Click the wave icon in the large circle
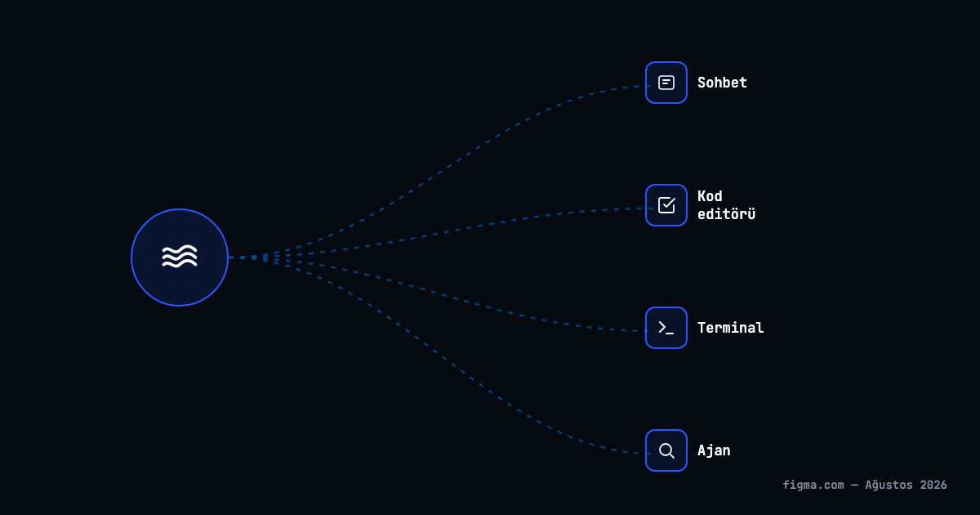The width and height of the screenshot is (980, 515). click(180, 256)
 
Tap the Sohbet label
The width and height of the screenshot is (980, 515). click(722, 83)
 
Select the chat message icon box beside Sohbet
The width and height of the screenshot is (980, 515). click(666, 83)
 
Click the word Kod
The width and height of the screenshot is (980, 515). click(710, 196)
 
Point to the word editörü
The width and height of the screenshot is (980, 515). click(726, 214)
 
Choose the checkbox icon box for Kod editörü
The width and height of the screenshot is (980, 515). click(666, 205)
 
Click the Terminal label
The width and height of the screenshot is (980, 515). click(731, 328)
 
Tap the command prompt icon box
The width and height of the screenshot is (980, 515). click(666, 328)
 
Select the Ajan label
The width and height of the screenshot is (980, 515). click(714, 450)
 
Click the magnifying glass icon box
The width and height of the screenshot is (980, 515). click(666, 450)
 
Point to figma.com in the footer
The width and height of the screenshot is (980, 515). click(813, 486)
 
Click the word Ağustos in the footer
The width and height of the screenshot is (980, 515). click(889, 486)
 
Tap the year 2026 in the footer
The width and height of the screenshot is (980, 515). click(933, 486)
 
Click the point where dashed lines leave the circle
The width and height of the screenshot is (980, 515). click(229, 257)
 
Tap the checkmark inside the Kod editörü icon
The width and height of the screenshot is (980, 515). click(669, 203)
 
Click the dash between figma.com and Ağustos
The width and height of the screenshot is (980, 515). click(854, 486)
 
